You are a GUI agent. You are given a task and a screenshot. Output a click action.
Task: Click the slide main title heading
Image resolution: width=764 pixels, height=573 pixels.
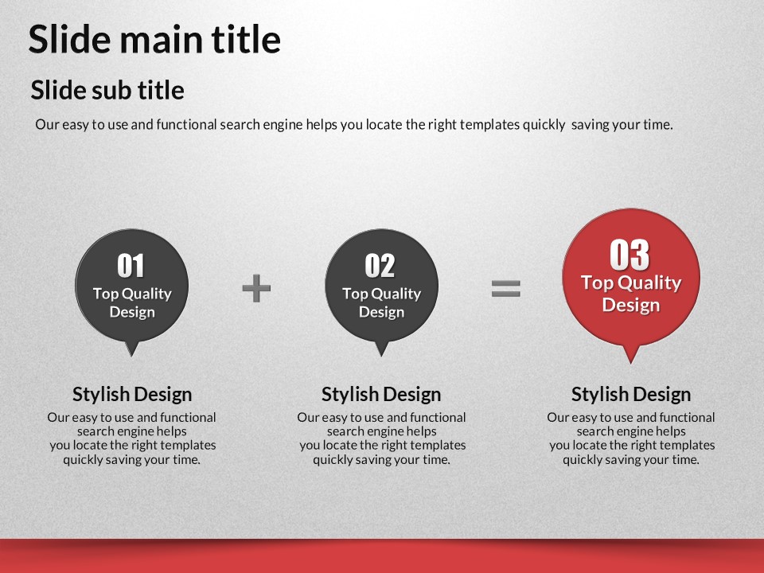tap(154, 39)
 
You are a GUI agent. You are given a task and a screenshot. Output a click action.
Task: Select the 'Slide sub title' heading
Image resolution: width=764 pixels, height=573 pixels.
tap(107, 90)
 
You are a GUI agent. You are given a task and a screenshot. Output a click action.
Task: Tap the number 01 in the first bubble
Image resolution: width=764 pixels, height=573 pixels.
tap(131, 266)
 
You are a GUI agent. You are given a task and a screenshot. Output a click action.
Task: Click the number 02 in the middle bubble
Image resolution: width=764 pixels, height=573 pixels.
tap(380, 266)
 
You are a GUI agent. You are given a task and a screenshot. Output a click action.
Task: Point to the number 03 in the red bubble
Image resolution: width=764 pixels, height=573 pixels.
tap(630, 255)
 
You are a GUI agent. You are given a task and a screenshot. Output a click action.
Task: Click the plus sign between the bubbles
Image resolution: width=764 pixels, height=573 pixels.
tap(256, 288)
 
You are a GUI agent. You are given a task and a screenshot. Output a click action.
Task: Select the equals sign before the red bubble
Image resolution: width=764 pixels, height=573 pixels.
tap(506, 288)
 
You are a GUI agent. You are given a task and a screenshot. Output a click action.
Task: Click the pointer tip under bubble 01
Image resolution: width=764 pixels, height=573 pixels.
tap(131, 357)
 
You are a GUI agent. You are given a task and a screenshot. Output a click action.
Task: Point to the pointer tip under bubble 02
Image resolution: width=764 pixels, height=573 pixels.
tap(381, 357)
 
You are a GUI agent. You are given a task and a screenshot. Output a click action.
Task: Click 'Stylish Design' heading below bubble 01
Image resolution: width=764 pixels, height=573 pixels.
tap(132, 394)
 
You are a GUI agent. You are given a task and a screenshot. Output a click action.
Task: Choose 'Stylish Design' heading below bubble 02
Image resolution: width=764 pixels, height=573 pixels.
tap(381, 394)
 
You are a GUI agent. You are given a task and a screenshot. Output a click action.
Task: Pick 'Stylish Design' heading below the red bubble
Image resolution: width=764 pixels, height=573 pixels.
tap(631, 394)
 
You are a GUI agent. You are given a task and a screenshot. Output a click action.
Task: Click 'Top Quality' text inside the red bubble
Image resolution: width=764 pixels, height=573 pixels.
tap(631, 283)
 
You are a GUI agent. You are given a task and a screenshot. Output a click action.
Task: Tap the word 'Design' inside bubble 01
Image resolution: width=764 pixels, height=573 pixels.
tap(132, 312)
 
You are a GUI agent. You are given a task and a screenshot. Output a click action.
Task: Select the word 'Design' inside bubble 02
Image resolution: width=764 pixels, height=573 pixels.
tap(381, 312)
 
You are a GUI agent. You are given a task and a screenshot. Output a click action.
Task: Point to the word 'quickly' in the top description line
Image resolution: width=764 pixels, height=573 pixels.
tap(544, 125)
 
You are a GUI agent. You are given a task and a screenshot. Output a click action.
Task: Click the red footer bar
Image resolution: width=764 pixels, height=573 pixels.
tap(382, 556)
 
